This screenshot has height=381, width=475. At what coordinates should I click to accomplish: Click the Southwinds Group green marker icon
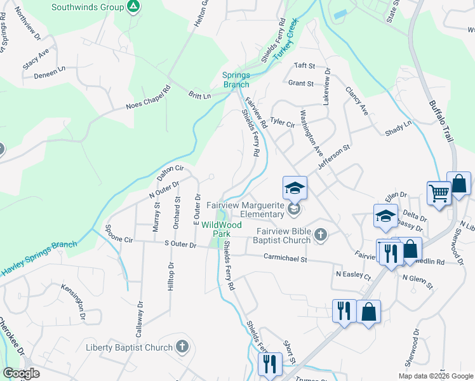click(x=133, y=8)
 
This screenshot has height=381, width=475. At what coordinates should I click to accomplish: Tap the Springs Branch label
click(x=236, y=79)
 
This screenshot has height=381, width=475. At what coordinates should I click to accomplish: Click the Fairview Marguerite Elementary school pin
click(x=295, y=189)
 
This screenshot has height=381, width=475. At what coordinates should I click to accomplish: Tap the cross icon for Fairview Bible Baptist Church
click(x=321, y=236)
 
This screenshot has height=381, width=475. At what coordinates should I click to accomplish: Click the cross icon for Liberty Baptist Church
click(x=183, y=347)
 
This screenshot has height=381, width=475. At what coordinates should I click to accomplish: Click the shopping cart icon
click(x=439, y=192)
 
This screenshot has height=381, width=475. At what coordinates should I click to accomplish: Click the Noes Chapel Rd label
click(x=149, y=98)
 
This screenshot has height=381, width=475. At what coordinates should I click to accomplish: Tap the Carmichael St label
click(x=285, y=258)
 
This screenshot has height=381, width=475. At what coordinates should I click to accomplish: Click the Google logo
click(x=20, y=373)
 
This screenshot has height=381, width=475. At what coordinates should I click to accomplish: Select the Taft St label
click(x=304, y=65)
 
